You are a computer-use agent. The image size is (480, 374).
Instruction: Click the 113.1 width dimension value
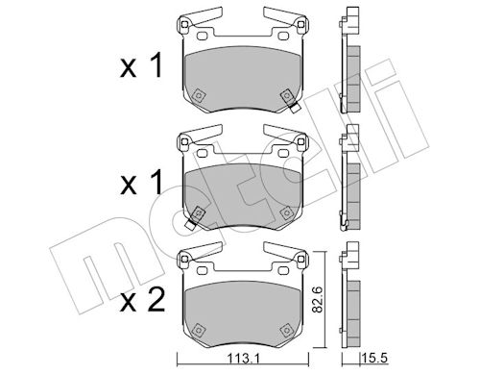[x=243, y=359]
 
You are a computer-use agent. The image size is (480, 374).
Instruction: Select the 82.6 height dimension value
[x=318, y=300]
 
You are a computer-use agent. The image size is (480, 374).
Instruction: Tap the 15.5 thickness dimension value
[x=374, y=358]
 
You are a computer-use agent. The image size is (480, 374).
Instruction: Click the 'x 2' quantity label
[x=143, y=300]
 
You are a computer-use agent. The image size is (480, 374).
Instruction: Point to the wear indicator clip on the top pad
[x=294, y=107]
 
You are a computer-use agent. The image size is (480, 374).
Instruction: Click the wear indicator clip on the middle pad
[x=191, y=224]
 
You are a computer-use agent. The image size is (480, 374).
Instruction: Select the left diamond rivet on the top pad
[x=199, y=95]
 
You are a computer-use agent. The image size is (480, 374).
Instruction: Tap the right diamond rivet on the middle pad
[x=286, y=212]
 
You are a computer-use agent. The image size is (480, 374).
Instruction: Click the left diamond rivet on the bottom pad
[x=199, y=330]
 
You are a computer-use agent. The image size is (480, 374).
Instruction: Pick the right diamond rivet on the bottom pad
[x=286, y=330]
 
